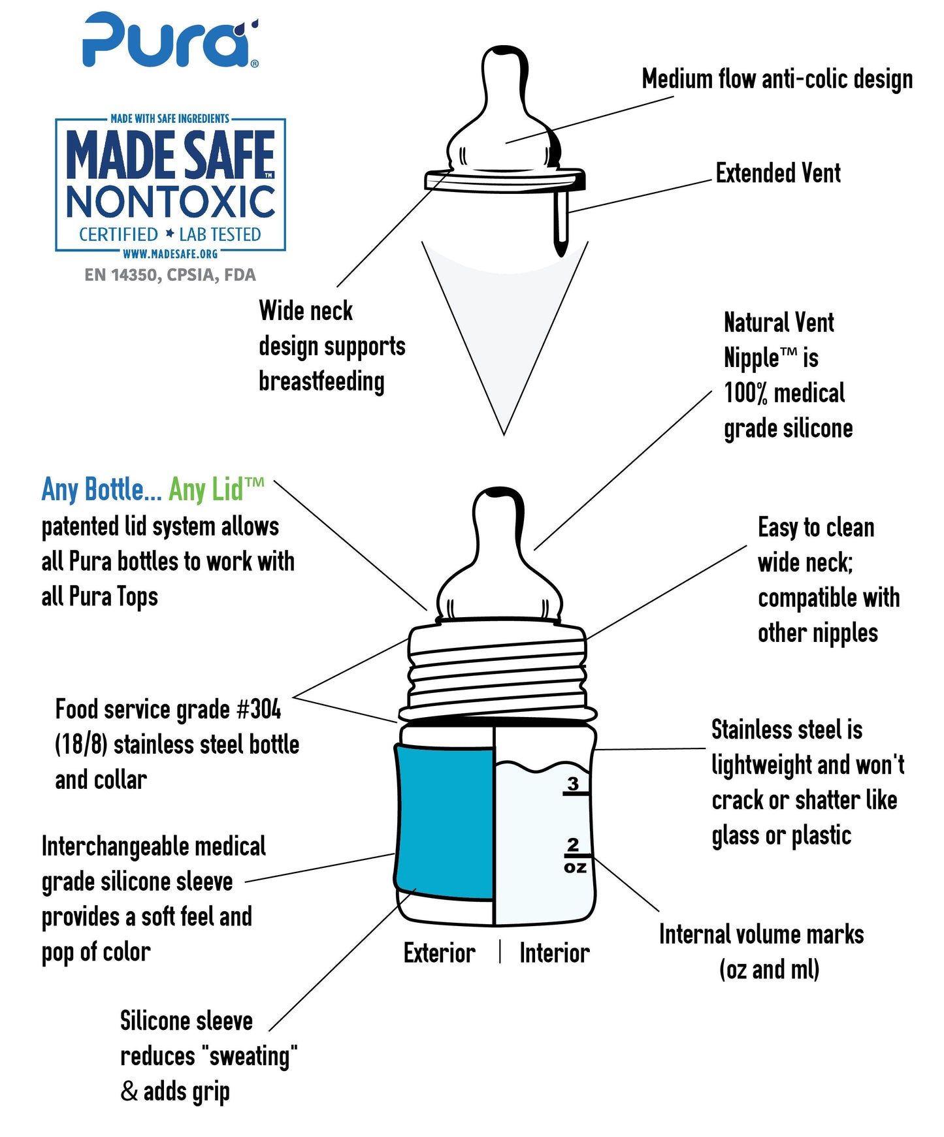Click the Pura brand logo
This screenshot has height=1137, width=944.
pos(171,40)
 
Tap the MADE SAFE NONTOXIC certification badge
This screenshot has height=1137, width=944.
pos(171,185)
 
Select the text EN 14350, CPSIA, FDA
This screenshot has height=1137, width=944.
pos(170,275)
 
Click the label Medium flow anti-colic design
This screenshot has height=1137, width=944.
pos(777,79)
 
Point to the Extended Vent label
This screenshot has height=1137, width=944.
pos(778,173)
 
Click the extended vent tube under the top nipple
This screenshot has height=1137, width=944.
pos(561,222)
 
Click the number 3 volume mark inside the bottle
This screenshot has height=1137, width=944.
pos(573,783)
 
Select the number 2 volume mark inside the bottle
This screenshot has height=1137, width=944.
pos(573,844)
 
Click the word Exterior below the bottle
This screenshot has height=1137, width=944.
pos(440,953)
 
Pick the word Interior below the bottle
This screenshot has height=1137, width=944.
pos(555,953)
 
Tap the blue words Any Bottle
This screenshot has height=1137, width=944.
pos(101,489)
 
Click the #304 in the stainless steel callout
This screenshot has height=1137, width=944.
pos(259,709)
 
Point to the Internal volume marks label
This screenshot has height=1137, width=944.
pos(761,935)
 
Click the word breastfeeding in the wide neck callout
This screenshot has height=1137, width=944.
pos(321,381)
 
